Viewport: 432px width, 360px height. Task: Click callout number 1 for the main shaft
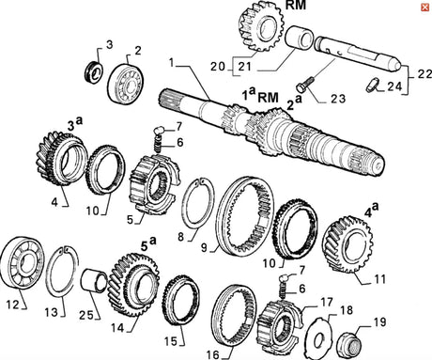coord(171,62)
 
